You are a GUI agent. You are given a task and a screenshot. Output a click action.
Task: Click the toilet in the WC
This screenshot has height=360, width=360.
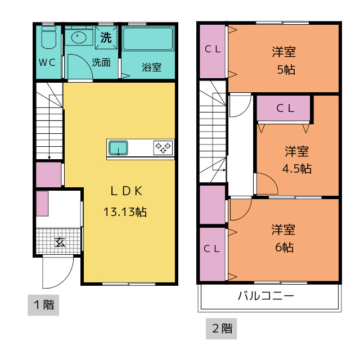[x=49, y=37]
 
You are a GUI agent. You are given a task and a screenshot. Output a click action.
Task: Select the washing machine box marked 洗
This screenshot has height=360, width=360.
[x=106, y=38]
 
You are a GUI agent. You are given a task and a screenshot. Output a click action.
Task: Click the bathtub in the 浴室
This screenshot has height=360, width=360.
[x=148, y=39]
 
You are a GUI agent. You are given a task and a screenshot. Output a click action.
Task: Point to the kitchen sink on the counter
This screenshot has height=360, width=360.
[x=118, y=148]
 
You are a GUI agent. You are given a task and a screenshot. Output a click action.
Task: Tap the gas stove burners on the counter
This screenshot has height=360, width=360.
[x=163, y=147]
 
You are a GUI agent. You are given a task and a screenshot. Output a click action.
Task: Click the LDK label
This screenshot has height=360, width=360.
[x=127, y=191]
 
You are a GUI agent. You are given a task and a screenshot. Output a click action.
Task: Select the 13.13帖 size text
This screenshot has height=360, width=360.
[x=125, y=211]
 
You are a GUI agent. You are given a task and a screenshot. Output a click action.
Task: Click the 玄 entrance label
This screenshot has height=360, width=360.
[x=60, y=242]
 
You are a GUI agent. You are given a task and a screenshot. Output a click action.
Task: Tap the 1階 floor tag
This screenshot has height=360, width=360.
[x=43, y=305]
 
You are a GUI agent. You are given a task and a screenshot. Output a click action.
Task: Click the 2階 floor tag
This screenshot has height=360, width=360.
[x=221, y=328]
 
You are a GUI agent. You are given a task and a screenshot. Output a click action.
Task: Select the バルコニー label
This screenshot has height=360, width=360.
[x=266, y=295]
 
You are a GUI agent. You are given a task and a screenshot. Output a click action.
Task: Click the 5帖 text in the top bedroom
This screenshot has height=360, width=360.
[x=286, y=70]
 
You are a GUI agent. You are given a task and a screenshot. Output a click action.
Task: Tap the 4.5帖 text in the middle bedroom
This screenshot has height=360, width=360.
[x=296, y=169]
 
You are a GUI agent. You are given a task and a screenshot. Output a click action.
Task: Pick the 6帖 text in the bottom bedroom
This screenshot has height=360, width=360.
[x=284, y=247]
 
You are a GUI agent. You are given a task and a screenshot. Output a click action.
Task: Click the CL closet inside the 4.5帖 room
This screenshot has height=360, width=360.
[x=283, y=108]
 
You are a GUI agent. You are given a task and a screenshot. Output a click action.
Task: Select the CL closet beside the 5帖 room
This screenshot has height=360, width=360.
[x=213, y=51]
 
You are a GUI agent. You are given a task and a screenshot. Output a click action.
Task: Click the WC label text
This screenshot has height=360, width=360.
[x=47, y=62]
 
